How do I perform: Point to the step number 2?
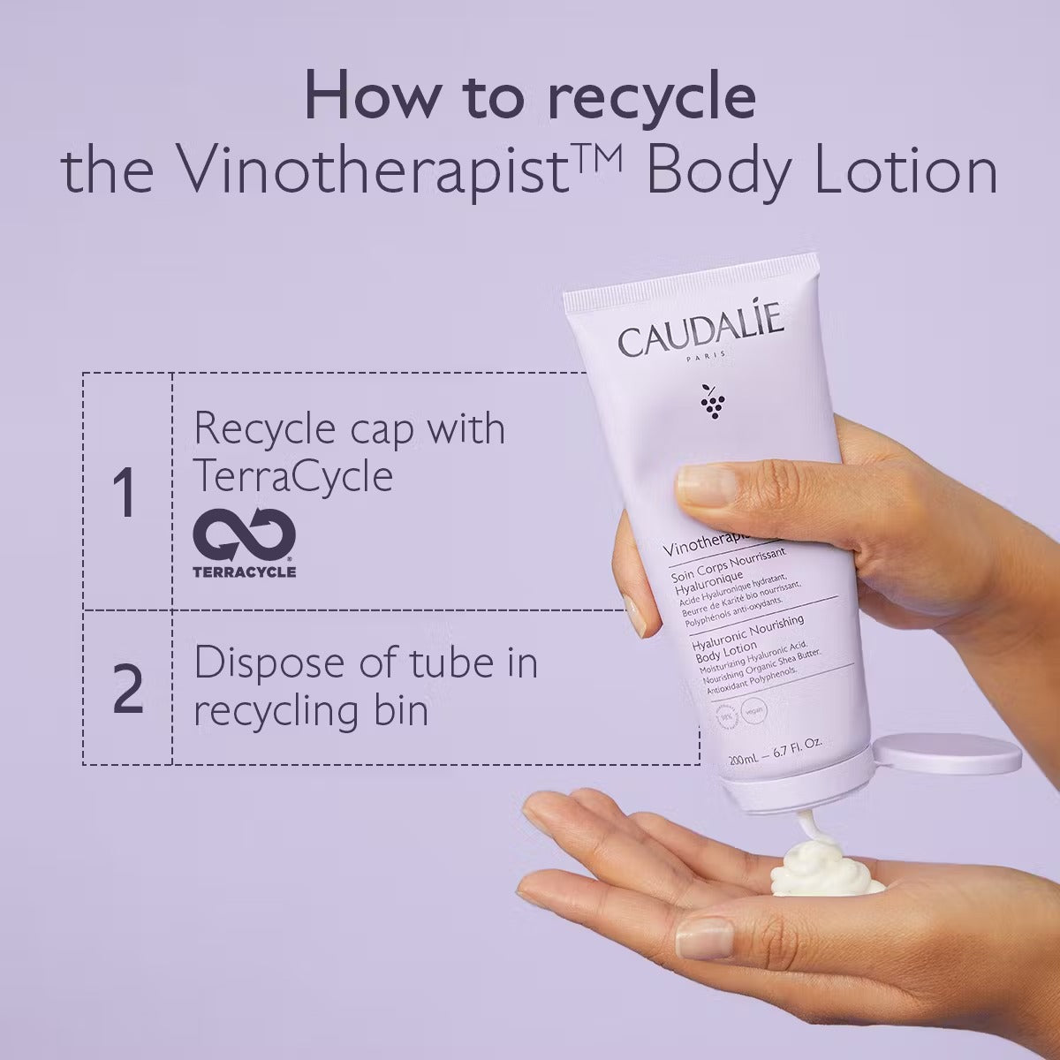tap(127, 691)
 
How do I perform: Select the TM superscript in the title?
tap(600, 150)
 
